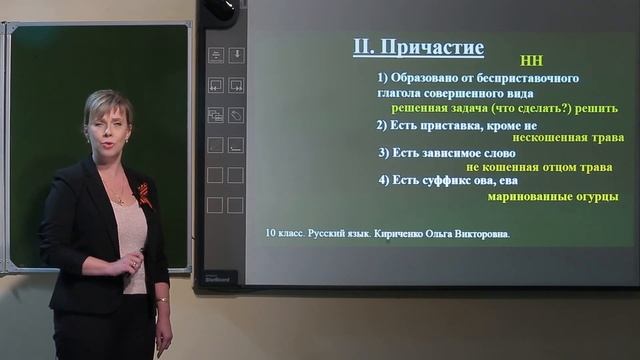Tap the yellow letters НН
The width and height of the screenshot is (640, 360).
click(531, 61)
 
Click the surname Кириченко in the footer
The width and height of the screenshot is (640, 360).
click(403, 234)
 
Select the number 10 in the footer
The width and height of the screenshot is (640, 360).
click(271, 234)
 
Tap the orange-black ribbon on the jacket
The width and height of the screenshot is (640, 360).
click(146, 194)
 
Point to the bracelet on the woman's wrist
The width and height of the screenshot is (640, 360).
click(161, 299)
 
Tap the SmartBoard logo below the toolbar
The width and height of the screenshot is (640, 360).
click(220, 278)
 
